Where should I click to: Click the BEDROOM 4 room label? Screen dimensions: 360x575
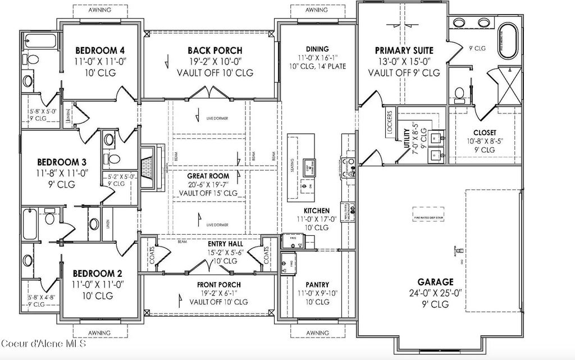[x=96, y=50]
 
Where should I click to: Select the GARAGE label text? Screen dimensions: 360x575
[x=435, y=282]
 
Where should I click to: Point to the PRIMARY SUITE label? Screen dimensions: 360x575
[x=404, y=51]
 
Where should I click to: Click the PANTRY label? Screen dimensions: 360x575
[x=317, y=285]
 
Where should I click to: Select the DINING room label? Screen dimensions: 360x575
[x=317, y=49]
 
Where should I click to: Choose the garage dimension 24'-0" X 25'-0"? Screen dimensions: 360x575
[x=435, y=293]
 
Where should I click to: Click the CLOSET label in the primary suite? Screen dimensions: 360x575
[x=484, y=133]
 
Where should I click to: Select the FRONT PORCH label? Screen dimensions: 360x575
[x=215, y=285]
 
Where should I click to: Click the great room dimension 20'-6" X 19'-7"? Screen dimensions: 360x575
[x=208, y=184]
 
